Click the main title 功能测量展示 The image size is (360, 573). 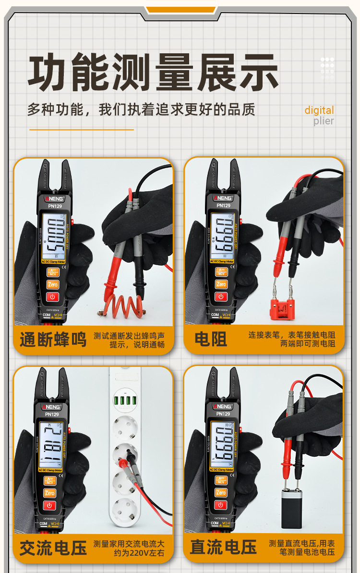pos(153,73)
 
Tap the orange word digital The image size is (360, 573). pos(319,110)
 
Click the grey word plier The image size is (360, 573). pos(324,121)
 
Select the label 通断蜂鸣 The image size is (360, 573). pos(53,339)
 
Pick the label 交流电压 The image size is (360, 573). pos(53,548)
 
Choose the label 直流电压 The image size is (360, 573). pos(223,547)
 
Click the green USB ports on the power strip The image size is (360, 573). pos(124,399)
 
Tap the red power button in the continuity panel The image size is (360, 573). pos(52,296)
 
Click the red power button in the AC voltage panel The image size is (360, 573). pos(50,505)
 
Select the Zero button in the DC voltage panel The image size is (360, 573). pos(221,492)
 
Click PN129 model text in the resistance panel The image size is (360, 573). pos(223,206)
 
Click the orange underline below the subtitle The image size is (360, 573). pos(81,129)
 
